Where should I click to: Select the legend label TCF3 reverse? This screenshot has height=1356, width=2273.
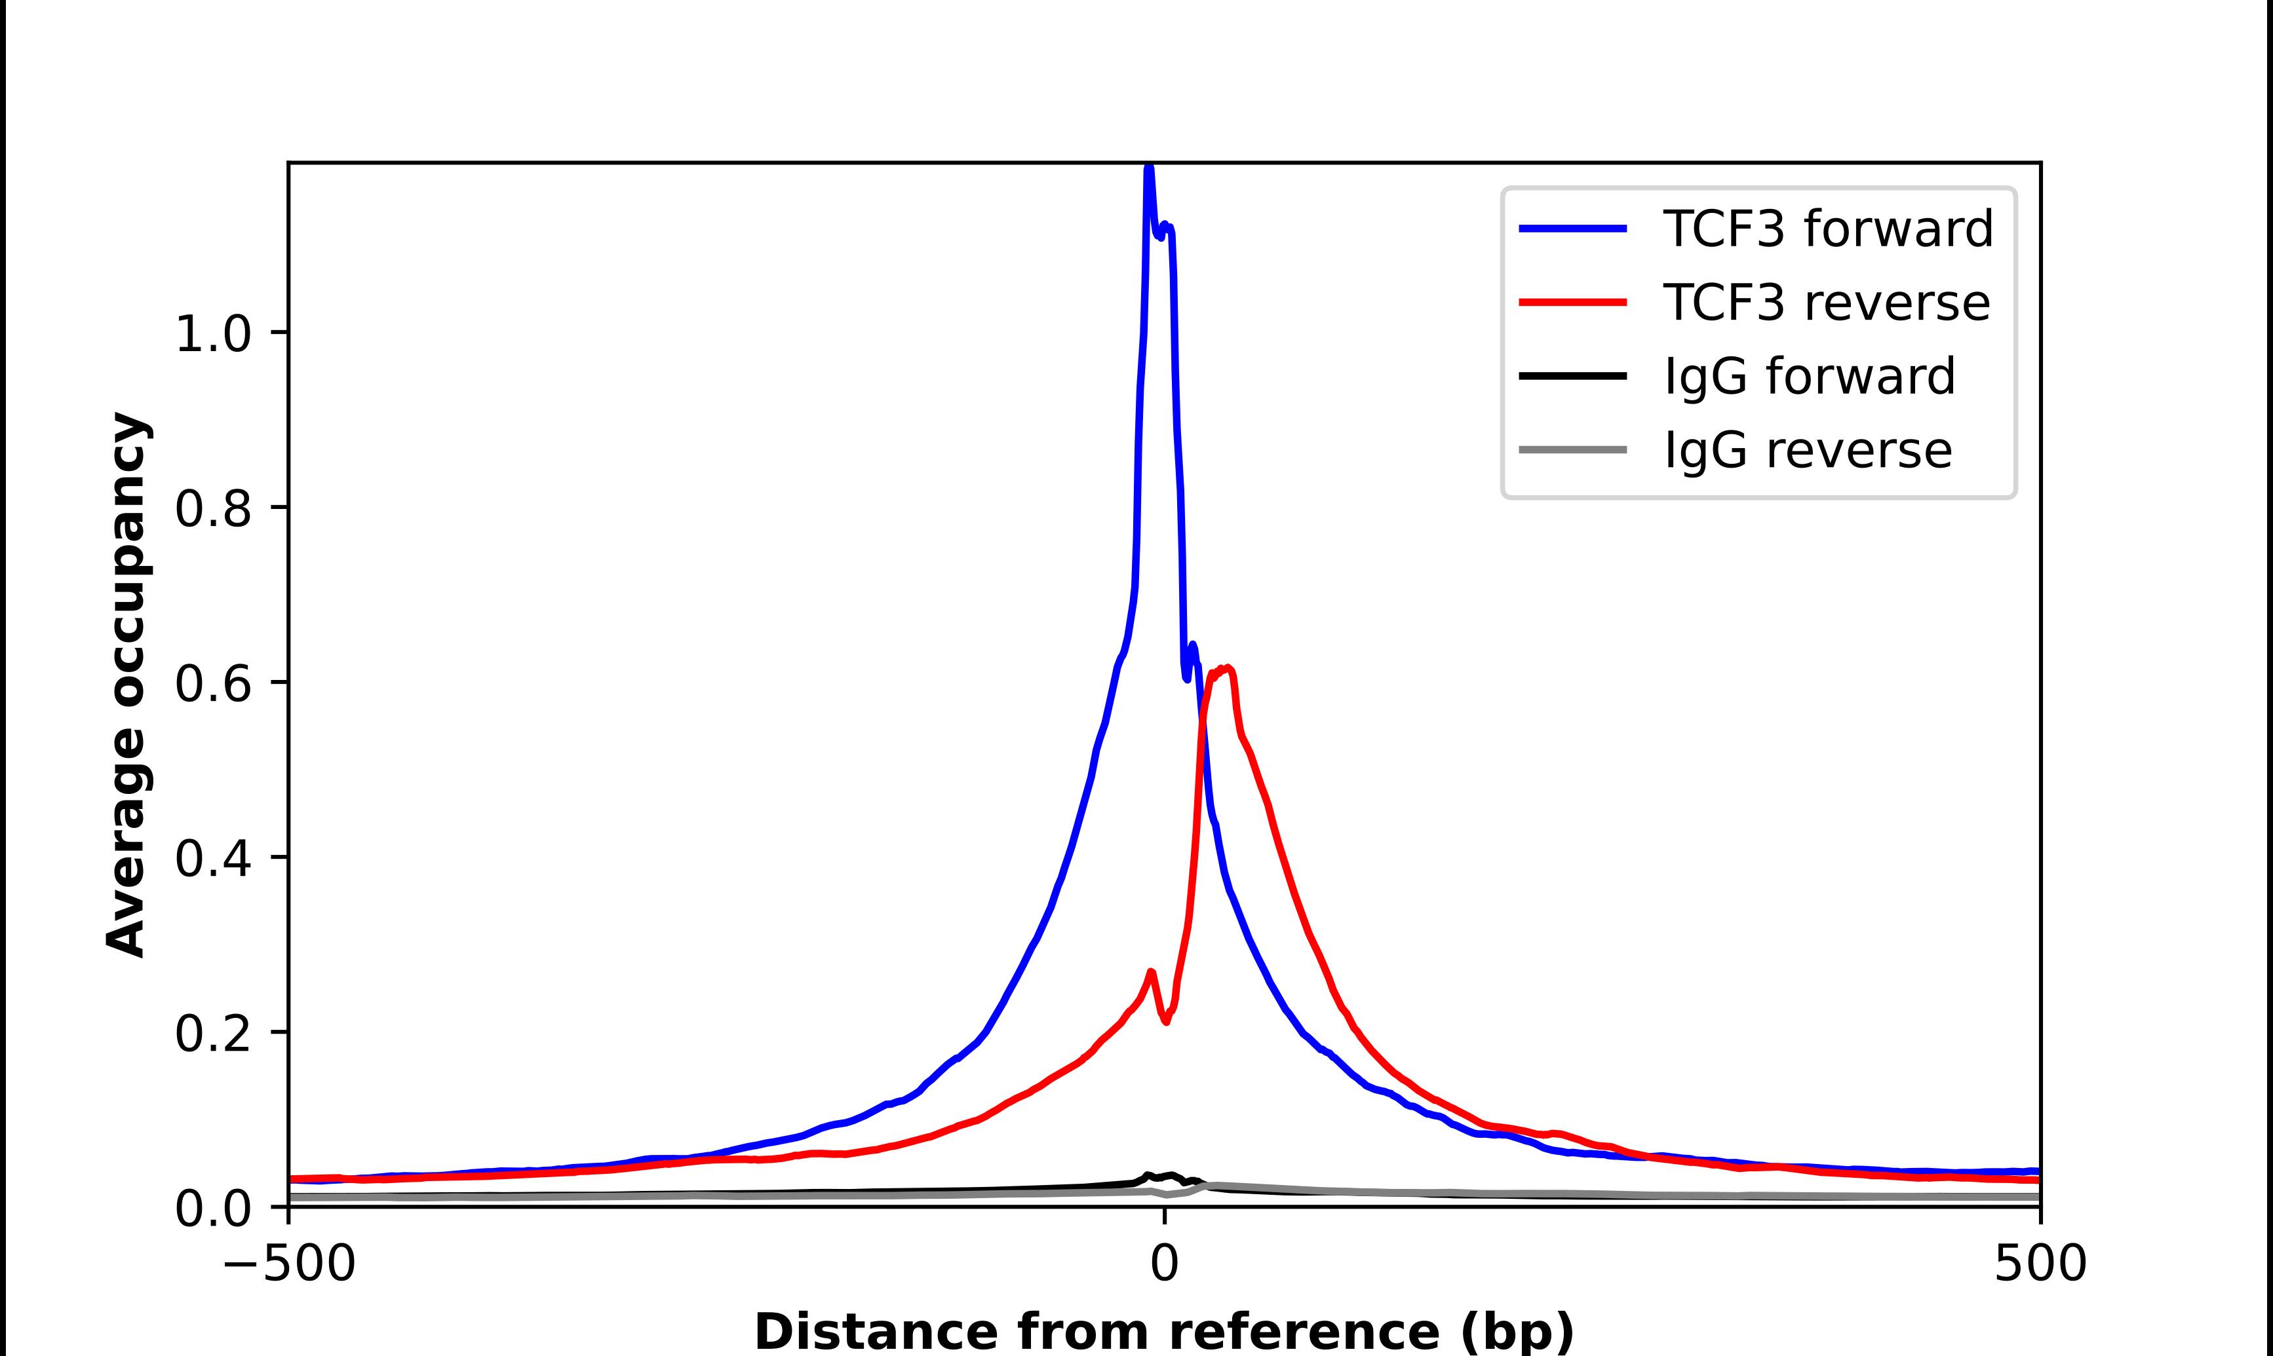[x=1825, y=303]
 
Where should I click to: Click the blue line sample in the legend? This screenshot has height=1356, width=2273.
[x=1573, y=229]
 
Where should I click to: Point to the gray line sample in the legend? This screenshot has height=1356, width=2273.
[x=1573, y=449]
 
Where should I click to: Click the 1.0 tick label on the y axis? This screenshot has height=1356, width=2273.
[x=212, y=335]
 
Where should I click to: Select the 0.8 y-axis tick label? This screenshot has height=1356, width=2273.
[x=212, y=509]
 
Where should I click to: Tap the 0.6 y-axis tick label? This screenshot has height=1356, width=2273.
[x=212, y=683]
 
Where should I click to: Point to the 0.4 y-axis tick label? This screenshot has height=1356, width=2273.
[x=212, y=859]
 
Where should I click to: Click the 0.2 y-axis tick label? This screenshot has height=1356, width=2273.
[x=212, y=1034]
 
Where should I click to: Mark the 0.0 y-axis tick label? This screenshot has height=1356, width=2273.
[x=212, y=1209]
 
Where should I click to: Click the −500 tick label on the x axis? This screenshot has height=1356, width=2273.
[x=290, y=1264]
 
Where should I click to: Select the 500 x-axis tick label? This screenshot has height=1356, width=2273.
[x=2040, y=1264]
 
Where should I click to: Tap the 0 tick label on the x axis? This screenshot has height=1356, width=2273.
[x=1165, y=1264]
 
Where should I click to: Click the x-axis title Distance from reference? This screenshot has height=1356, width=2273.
[x=1163, y=1330]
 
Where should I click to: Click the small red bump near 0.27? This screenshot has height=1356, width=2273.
[x=1151, y=972]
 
